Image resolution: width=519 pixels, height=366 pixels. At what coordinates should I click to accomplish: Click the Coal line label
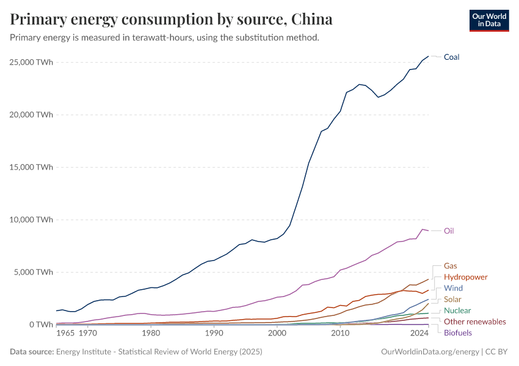pos(451,57)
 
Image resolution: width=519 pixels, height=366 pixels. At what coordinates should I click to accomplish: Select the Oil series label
pos(449,231)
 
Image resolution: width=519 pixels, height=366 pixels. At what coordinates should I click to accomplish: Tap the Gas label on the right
pos(450,266)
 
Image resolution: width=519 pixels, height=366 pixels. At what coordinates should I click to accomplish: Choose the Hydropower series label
pos(466,277)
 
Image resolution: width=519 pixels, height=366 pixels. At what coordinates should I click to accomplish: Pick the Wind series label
pos(453,288)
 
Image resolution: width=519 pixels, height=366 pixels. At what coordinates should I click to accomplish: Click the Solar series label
pos(452,300)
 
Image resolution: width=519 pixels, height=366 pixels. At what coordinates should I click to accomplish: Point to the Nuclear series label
pos(457,310)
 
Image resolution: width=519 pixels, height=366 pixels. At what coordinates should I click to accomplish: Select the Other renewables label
pos(474,321)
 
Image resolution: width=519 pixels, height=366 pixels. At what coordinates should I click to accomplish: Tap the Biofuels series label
pos(457,332)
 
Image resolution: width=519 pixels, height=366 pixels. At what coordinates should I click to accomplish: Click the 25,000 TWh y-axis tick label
pos(31,62)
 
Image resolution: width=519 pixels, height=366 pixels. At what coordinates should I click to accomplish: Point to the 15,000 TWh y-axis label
pos(31,167)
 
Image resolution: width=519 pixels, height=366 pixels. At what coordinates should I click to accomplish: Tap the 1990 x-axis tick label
pos(214,334)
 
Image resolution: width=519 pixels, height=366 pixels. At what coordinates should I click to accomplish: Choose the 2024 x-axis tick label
pos(419,334)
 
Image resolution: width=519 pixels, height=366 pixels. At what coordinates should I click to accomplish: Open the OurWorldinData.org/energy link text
pos(429,352)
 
